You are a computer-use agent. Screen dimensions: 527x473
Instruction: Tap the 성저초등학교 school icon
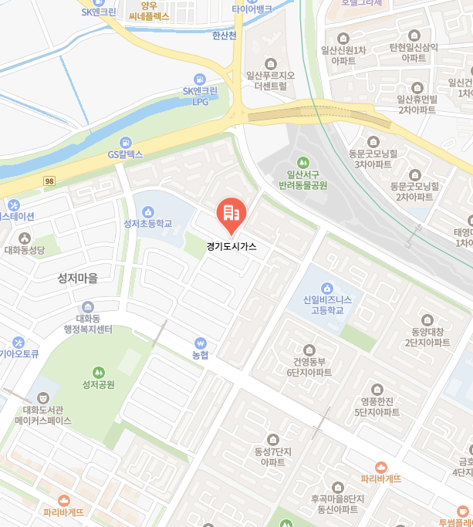(x=147, y=211)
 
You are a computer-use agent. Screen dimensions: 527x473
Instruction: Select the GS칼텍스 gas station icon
(x=126, y=142)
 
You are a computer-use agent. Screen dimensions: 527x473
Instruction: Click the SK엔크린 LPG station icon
(x=201, y=79)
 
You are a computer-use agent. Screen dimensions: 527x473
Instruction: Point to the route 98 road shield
(x=49, y=180)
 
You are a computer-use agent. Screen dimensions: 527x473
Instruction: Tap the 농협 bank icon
(x=201, y=343)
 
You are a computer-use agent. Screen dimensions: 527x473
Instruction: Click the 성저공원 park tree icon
(x=98, y=371)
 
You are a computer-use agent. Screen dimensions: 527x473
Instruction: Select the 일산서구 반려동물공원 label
(x=302, y=181)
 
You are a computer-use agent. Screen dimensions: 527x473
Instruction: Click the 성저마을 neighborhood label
(x=78, y=278)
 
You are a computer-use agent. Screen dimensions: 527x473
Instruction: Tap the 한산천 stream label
(x=225, y=35)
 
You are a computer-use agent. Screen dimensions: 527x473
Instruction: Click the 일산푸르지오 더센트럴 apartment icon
(x=270, y=63)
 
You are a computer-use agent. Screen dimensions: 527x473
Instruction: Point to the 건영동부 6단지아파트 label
(x=309, y=367)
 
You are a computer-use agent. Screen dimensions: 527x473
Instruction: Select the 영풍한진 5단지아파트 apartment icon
(x=377, y=390)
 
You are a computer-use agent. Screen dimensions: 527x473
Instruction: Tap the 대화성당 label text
(x=25, y=250)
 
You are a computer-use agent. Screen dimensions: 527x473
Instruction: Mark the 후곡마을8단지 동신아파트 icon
(x=337, y=487)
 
